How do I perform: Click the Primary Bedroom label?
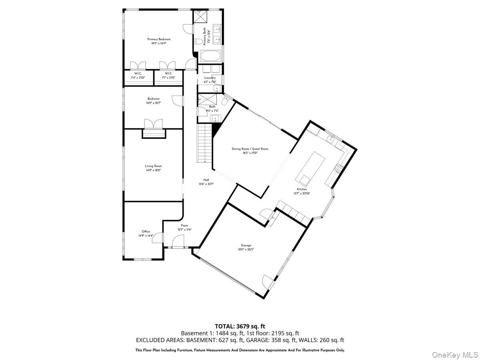[159, 39]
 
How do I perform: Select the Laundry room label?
[210, 78]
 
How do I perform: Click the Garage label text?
[246, 245]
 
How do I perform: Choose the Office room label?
[146, 231]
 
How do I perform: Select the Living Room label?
[153, 166]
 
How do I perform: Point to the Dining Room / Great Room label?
[250, 149]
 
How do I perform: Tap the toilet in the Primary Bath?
[197, 42]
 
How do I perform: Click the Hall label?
[206, 180]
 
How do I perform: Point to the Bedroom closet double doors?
[154, 124]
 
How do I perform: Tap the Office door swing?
[159, 238]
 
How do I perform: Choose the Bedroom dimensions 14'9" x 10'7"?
[153, 103]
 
